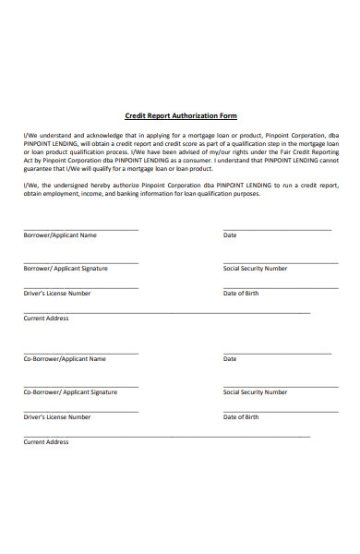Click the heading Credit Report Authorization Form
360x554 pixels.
tap(181, 115)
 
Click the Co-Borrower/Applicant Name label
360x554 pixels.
tap(65, 358)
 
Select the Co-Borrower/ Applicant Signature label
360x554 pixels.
tap(70, 391)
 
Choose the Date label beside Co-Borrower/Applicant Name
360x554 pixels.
tap(230, 358)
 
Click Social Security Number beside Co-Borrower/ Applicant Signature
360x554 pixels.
tap(255, 391)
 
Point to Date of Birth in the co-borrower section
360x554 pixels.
tap(241, 416)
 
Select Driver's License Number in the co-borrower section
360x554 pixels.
tap(57, 416)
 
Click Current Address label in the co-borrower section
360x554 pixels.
tap(46, 441)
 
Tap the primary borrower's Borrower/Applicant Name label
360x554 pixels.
tap(60, 235)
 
